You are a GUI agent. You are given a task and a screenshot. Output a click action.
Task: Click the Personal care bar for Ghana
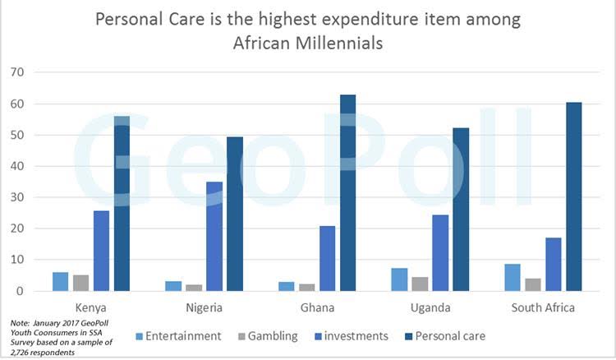click(x=347, y=193)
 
